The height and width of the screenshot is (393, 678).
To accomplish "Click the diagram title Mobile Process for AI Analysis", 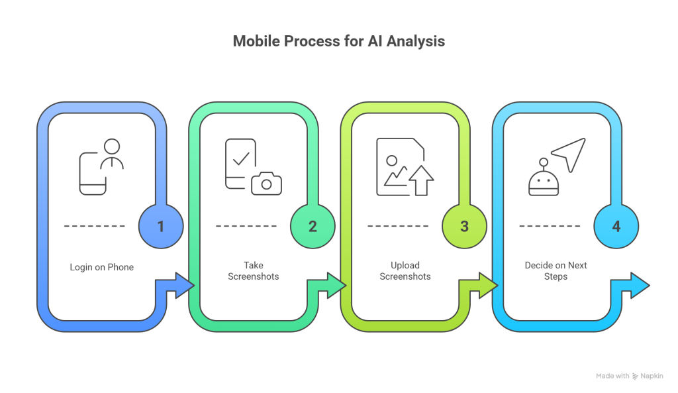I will coord(338,41).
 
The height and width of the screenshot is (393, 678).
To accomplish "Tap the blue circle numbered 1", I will coord(160,226).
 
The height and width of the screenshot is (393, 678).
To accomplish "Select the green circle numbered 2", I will coord(313,226).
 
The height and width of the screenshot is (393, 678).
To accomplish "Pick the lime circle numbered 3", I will coord(464,226).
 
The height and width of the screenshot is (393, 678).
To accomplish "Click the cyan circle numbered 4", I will coord(616,226).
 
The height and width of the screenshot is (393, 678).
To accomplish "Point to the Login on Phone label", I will coord(101,268).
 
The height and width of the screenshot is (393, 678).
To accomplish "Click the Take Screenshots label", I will coord(254,270).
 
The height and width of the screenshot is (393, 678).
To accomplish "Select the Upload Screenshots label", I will coord(405,270).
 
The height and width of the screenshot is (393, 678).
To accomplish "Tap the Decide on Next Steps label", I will coord(556,270).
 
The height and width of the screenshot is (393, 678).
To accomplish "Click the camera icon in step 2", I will coord(266,184).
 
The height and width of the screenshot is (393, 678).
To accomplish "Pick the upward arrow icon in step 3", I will coord(420,181).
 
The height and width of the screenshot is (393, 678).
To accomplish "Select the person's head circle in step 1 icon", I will coord(112,146).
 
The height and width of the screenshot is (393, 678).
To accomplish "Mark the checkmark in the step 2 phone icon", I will coord(240,158).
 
